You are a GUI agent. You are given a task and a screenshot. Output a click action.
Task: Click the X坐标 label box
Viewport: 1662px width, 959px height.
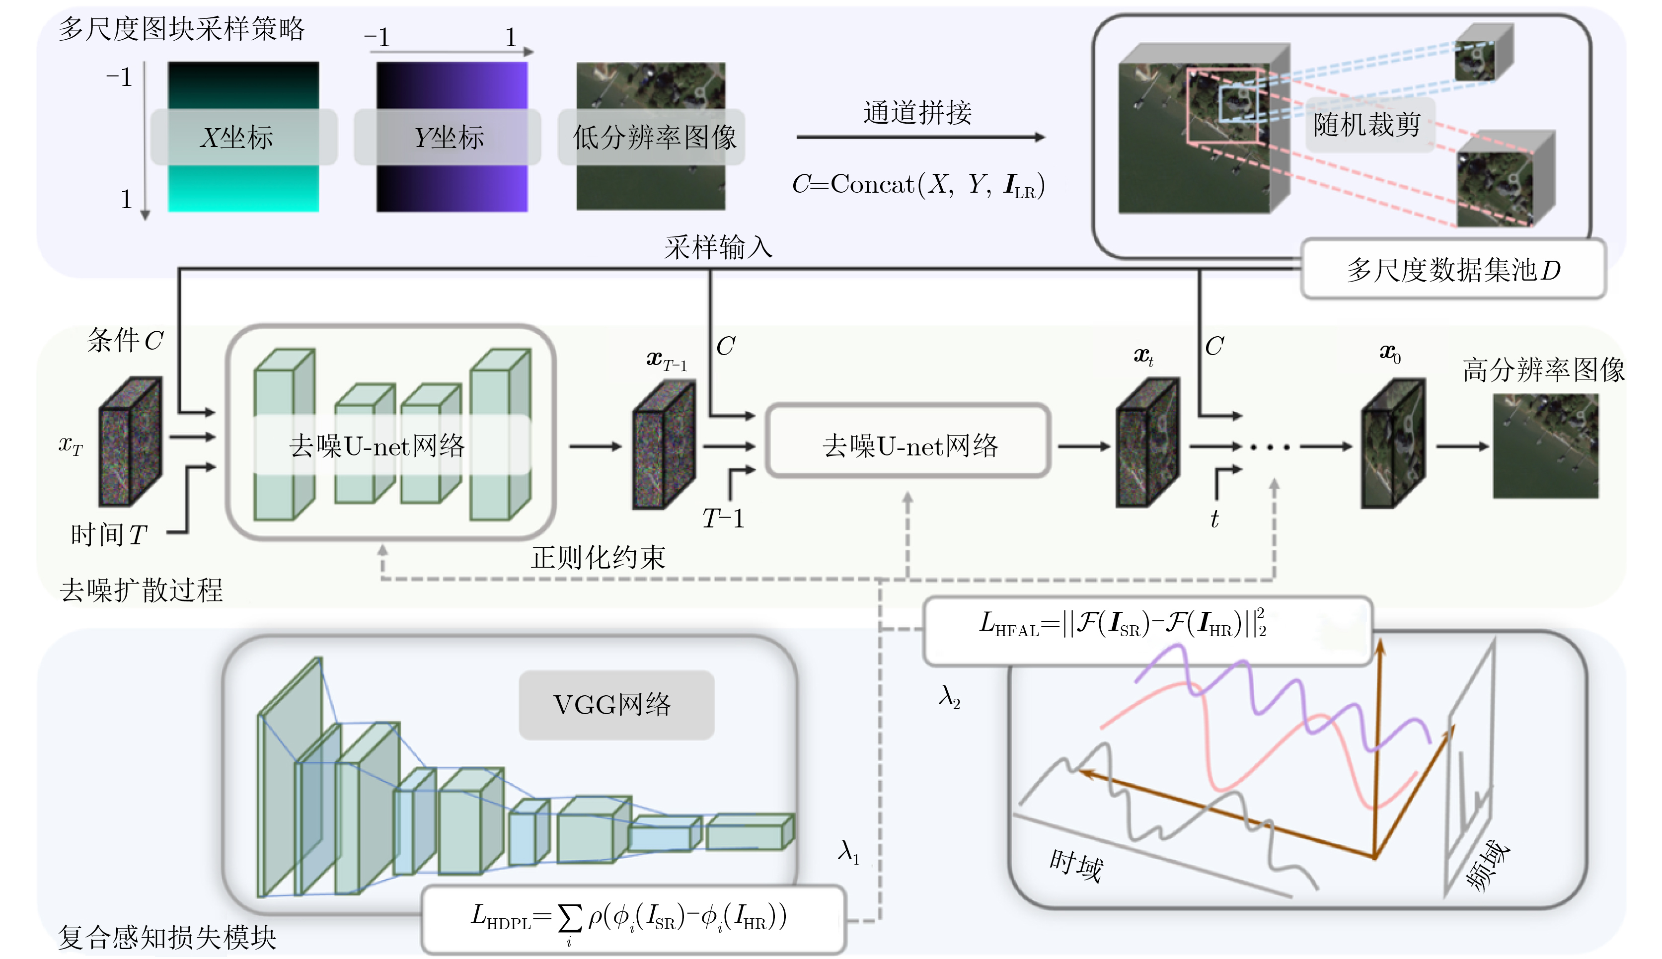click(244, 137)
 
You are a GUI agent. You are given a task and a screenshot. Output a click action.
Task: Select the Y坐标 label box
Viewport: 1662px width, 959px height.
click(448, 137)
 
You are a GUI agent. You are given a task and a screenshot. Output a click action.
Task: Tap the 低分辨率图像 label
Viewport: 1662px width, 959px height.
click(652, 137)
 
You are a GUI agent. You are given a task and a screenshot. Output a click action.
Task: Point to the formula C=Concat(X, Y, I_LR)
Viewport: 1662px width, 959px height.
click(917, 184)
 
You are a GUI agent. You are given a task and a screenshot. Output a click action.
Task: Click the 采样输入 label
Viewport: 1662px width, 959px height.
click(718, 248)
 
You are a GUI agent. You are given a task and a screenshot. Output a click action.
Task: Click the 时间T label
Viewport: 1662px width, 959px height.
click(109, 535)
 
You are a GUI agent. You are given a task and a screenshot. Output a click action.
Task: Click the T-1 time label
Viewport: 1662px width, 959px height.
click(723, 519)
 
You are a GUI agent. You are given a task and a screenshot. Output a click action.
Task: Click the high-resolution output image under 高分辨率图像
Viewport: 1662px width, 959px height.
click(1545, 446)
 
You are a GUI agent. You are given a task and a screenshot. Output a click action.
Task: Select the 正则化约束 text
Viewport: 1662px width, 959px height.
click(598, 557)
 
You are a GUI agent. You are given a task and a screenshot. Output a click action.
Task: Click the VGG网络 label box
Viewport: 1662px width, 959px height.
click(616, 705)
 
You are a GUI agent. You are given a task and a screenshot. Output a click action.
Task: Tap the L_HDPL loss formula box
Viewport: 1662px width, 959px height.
click(632, 918)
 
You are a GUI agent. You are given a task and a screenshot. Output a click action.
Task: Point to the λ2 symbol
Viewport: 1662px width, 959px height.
click(949, 696)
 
